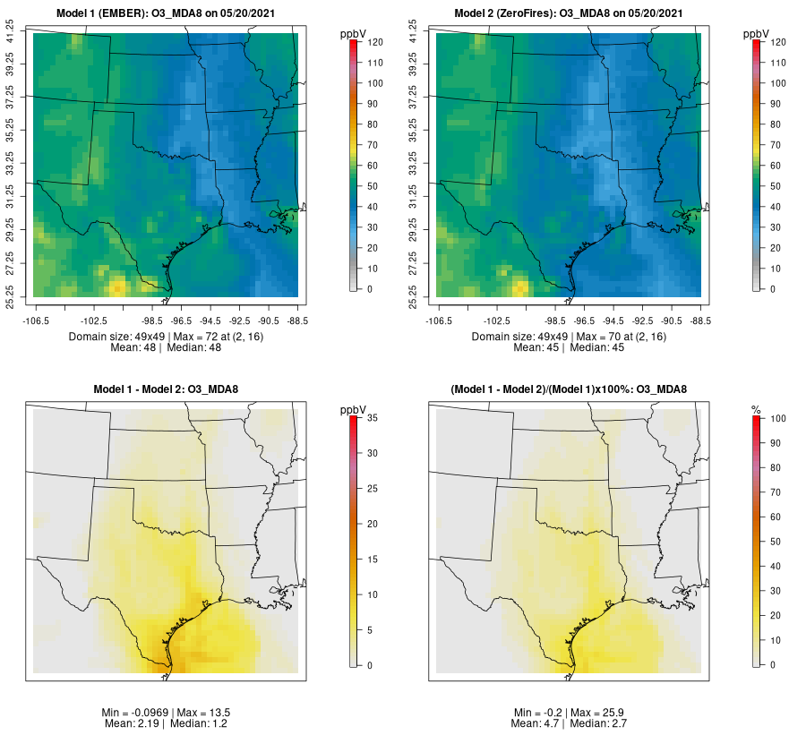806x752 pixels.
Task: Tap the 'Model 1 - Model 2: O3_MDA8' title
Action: pyautogui.click(x=170, y=389)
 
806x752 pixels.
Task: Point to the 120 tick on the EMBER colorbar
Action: pyautogui.click(x=375, y=42)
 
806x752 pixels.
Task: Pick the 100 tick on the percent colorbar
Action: pyautogui.click(x=777, y=418)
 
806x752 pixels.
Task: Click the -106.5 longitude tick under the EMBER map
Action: pyautogui.click(x=36, y=319)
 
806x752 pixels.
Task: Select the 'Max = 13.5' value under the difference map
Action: pyautogui.click(x=199, y=712)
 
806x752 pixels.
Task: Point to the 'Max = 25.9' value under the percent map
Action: pyautogui.click(x=601, y=712)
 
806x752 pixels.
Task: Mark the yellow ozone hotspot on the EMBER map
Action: pyautogui.click(x=117, y=286)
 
